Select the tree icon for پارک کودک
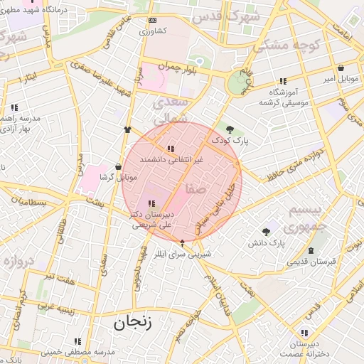(230, 129)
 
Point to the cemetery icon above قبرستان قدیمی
(311, 250)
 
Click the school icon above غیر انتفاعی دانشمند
(171, 149)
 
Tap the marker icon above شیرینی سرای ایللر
(182, 242)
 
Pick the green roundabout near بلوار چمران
(236, 84)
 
